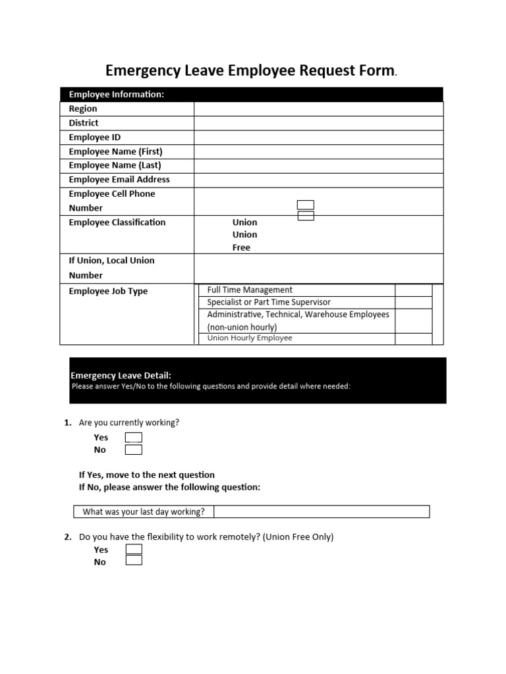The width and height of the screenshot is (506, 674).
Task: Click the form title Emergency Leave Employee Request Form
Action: (x=250, y=71)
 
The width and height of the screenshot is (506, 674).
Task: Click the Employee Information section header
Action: (x=117, y=95)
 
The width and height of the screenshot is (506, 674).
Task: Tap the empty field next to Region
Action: (x=318, y=109)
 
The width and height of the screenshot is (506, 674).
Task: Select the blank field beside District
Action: (x=318, y=123)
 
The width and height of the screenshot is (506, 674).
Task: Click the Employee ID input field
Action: (x=318, y=137)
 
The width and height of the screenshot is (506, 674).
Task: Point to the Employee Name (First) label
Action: (x=115, y=151)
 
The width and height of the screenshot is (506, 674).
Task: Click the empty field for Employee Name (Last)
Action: (x=318, y=165)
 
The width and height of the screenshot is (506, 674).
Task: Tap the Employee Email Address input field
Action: (x=318, y=180)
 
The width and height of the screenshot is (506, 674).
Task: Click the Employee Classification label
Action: (x=117, y=222)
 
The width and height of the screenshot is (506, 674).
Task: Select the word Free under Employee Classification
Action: (x=242, y=248)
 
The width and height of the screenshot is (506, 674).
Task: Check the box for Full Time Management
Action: (x=413, y=290)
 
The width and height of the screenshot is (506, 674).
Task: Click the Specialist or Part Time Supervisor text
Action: (x=269, y=302)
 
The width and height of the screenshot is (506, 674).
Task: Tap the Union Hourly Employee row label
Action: (x=250, y=338)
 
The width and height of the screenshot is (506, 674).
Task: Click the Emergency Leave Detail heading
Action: (x=121, y=376)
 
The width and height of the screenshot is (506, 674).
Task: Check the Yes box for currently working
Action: (x=134, y=438)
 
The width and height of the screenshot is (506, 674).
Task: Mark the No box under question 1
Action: (x=134, y=450)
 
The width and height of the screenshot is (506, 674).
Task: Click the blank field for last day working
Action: (x=322, y=511)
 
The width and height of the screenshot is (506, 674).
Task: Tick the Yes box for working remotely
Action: (x=134, y=550)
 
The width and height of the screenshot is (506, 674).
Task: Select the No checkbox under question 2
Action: (x=134, y=561)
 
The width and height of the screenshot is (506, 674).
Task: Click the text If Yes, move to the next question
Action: (x=147, y=475)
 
